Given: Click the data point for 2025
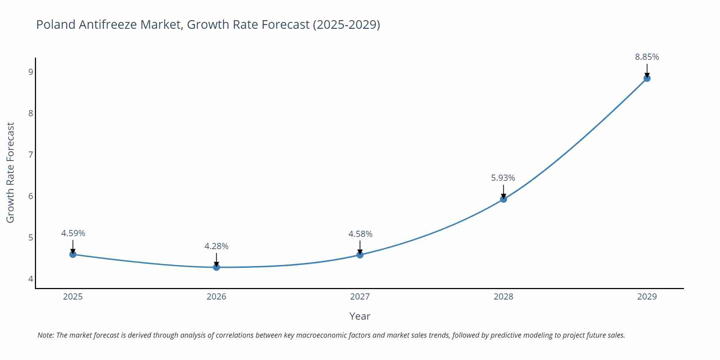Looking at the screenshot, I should [73, 255].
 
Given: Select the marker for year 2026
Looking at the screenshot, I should [216, 267].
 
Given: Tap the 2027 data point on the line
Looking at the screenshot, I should [360, 255].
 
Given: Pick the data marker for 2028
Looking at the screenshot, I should [503, 199].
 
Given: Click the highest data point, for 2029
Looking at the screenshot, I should [647, 78].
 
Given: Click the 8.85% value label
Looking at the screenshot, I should [647, 57].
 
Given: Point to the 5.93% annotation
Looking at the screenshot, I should [503, 178].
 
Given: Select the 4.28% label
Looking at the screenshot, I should [216, 246].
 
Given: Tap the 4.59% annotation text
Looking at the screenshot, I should [73, 233].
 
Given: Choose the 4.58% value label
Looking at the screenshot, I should [360, 234].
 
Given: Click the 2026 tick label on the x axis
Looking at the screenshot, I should [216, 297].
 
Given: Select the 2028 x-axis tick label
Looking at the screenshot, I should [503, 297].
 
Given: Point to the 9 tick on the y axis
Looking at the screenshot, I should [31, 72].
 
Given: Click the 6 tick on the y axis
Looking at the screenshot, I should [31, 196].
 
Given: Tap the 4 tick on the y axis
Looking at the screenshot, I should [31, 279].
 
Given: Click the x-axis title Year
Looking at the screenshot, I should [360, 316].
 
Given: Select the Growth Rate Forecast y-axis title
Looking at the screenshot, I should [10, 173].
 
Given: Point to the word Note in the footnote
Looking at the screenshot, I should [45, 335].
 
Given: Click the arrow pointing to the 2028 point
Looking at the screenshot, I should [503, 191].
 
